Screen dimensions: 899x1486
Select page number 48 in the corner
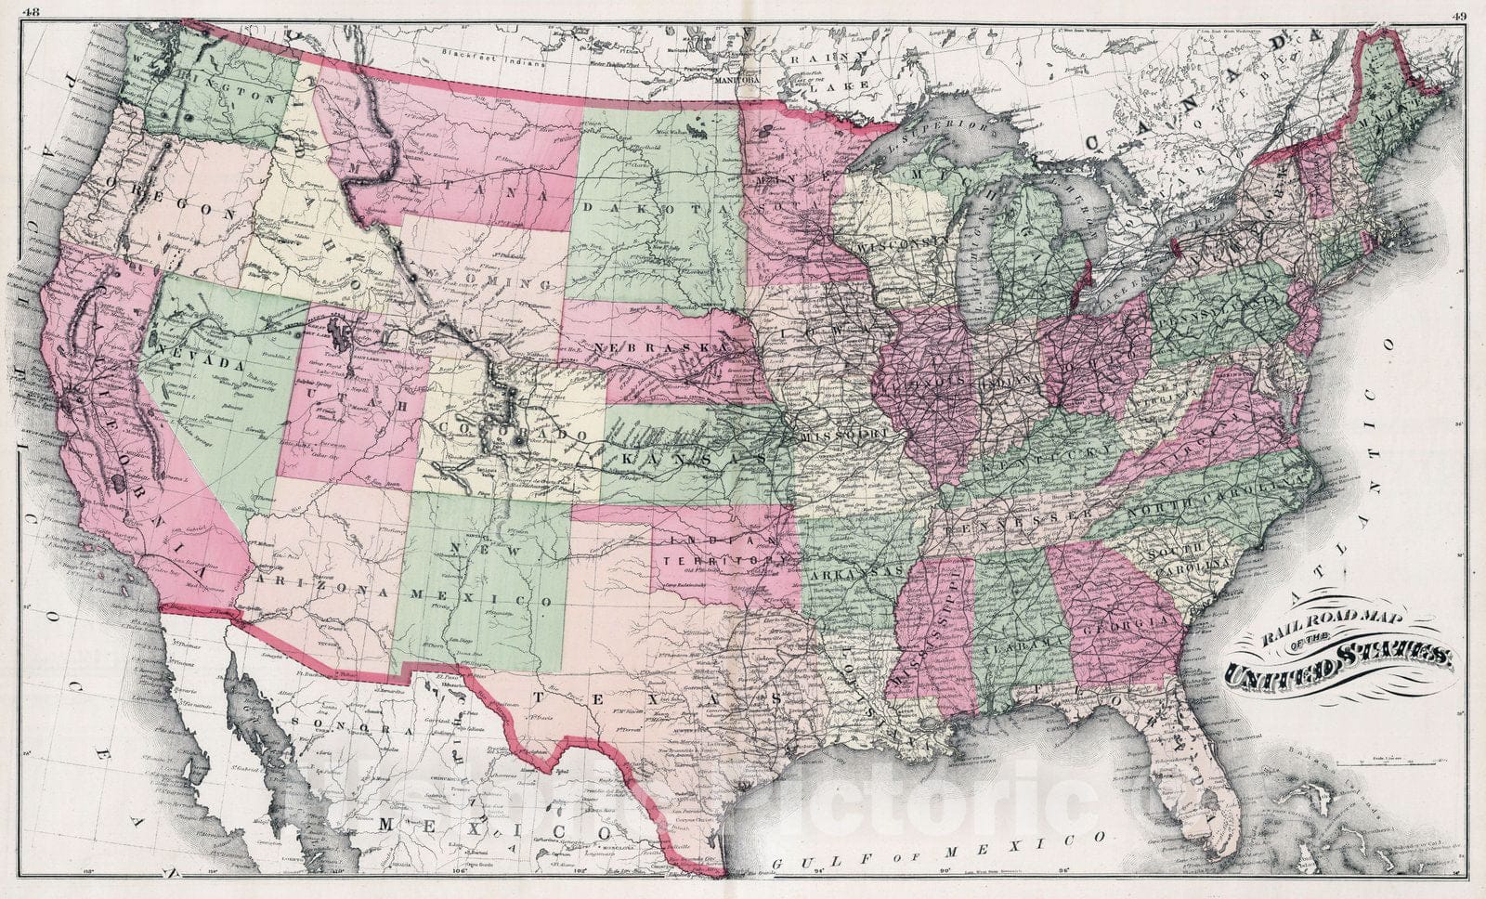33,11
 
